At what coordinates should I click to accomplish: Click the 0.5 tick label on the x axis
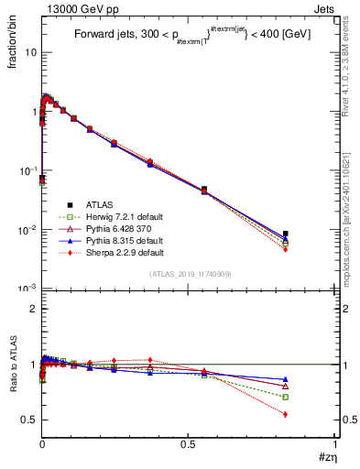(188, 445)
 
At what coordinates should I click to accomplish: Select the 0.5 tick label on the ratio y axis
(29, 420)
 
